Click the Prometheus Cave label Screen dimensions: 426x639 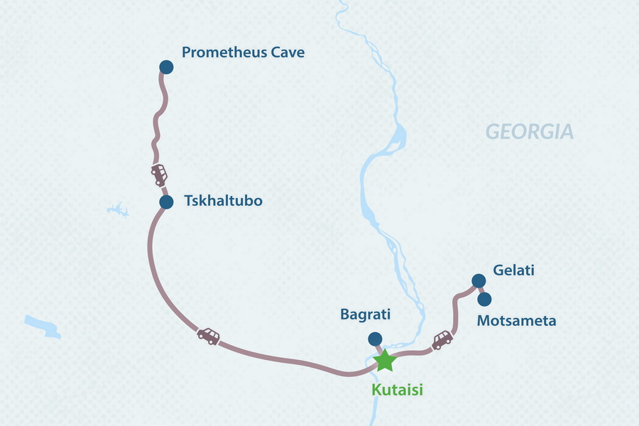(x=243, y=53)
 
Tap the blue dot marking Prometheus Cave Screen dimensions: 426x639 (x=165, y=67)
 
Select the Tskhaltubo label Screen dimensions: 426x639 (x=223, y=201)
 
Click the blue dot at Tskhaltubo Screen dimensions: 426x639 (x=166, y=202)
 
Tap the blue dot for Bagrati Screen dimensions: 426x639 (x=374, y=339)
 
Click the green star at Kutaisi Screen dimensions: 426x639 (x=385, y=360)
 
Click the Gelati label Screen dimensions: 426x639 (x=513, y=270)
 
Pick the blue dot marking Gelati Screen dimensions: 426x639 (x=478, y=280)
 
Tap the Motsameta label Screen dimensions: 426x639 (x=516, y=321)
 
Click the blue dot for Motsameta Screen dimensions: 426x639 (x=484, y=299)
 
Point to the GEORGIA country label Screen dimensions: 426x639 (x=529, y=132)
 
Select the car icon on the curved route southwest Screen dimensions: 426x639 (x=209, y=335)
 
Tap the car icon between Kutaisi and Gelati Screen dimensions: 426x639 (x=443, y=339)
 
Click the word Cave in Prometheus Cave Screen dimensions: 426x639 (x=288, y=53)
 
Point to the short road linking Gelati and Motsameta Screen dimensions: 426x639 (x=481, y=290)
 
